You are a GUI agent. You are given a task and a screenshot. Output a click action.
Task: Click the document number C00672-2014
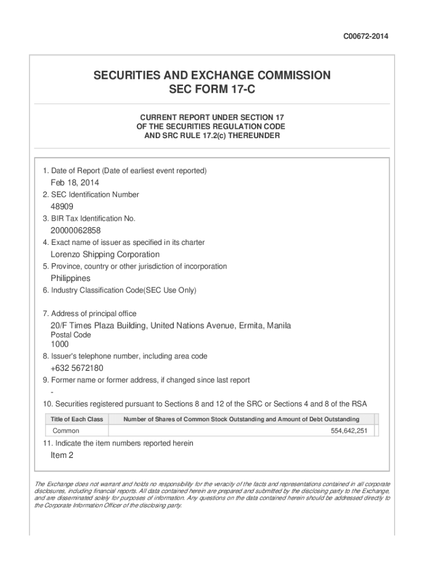pos(366,37)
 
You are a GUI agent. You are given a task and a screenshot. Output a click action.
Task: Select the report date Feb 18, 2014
pos(75,182)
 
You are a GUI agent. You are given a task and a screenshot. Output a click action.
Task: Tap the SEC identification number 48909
pos(62,207)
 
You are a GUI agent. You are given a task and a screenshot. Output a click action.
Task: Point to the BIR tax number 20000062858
pos(76,231)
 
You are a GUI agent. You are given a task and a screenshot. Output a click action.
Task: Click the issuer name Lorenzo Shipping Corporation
pos(105,254)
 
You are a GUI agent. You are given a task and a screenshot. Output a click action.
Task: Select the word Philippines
pos(71,278)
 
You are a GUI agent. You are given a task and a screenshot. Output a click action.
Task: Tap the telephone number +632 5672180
pos(77,368)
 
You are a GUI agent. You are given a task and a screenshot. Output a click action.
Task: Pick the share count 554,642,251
pos(349,431)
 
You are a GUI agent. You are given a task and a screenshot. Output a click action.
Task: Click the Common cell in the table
pos(66,431)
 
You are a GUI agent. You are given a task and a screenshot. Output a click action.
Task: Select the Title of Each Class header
pos(77,419)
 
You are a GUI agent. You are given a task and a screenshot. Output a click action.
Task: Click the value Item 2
pos(62,455)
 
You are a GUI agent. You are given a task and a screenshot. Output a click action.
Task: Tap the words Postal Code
pos(71,335)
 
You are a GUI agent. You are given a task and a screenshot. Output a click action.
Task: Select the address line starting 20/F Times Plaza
pos(170,326)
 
